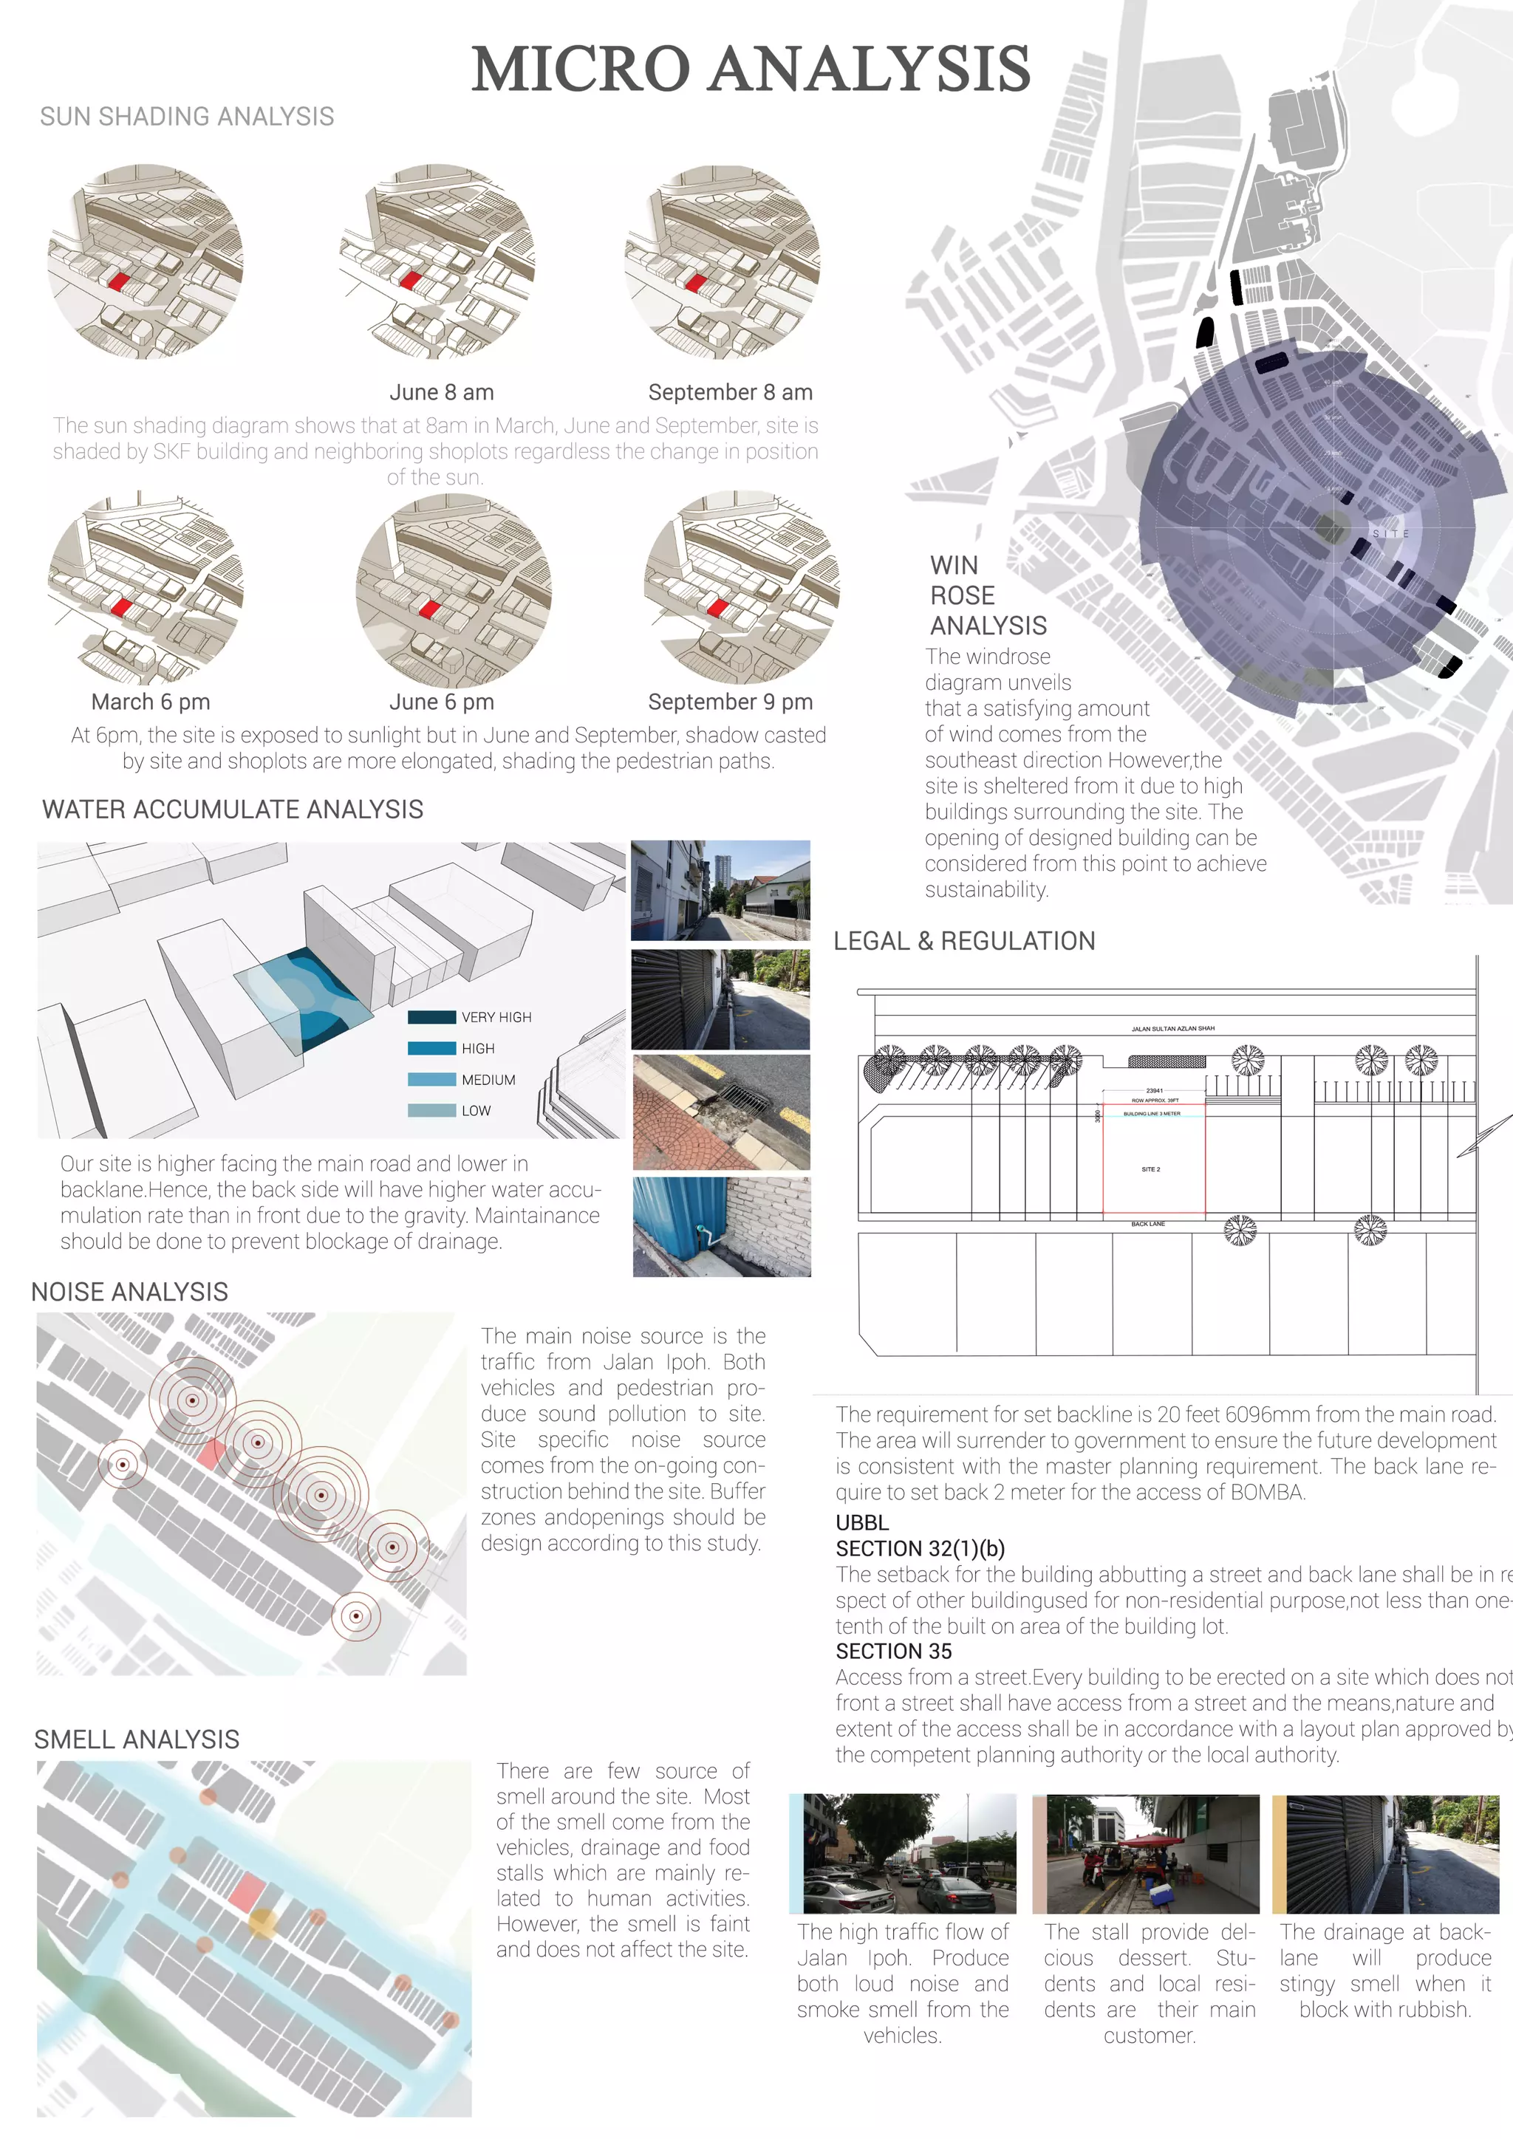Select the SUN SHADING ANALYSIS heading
(186, 117)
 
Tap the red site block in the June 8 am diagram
(411, 279)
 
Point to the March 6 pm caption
(150, 702)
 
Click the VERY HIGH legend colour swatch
(431, 1017)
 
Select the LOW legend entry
(475, 1110)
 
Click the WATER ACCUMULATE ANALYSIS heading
(232, 810)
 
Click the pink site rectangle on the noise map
(211, 1454)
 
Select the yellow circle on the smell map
(264, 1922)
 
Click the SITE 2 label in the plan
(1150, 1169)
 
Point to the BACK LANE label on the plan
(1148, 1224)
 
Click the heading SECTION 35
(893, 1652)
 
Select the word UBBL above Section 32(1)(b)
(862, 1522)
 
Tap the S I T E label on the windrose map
(1390, 534)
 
